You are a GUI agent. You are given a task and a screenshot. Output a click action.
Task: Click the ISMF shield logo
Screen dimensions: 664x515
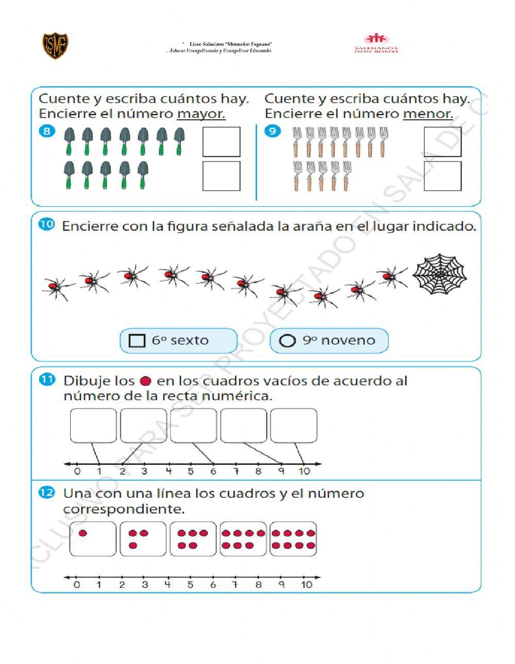(56, 46)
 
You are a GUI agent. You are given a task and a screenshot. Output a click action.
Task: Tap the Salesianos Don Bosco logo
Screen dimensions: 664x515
(376, 43)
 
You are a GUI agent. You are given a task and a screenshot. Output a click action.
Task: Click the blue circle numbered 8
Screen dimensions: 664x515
(47, 131)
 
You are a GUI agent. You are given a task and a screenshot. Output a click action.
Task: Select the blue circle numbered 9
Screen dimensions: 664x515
(272, 131)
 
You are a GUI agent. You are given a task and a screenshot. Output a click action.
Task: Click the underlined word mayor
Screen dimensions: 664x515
(201, 114)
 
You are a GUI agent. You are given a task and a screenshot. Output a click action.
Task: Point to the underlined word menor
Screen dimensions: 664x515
(427, 114)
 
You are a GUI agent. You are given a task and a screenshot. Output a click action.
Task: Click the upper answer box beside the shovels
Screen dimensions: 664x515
(221, 141)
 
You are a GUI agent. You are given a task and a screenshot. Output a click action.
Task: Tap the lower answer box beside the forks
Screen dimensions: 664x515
(442, 176)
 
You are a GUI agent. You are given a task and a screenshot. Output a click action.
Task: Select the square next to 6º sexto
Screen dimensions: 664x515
(136, 340)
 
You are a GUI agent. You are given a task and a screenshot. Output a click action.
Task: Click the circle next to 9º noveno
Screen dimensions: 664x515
(287, 340)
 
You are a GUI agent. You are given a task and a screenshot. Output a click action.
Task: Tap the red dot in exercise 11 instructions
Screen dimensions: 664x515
(146, 381)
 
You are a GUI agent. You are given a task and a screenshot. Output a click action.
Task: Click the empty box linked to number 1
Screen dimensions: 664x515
(93, 425)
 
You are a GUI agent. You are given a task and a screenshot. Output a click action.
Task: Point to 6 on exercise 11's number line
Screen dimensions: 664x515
(213, 471)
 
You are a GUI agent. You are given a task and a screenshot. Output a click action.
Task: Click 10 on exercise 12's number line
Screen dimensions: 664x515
(306, 585)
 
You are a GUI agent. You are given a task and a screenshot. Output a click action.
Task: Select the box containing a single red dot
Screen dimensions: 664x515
(93, 539)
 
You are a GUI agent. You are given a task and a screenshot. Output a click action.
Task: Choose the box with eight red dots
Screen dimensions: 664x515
(293, 539)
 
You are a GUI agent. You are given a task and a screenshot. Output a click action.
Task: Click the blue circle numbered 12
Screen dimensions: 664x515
(46, 493)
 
